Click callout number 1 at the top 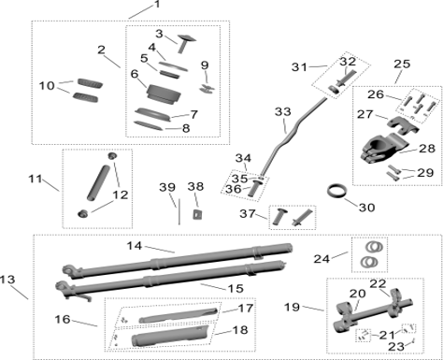(156, 6)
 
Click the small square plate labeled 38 (196, 213)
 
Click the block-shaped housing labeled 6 (160, 95)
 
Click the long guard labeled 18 (178, 334)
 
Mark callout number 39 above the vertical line (166, 188)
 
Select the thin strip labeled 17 (188, 311)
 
